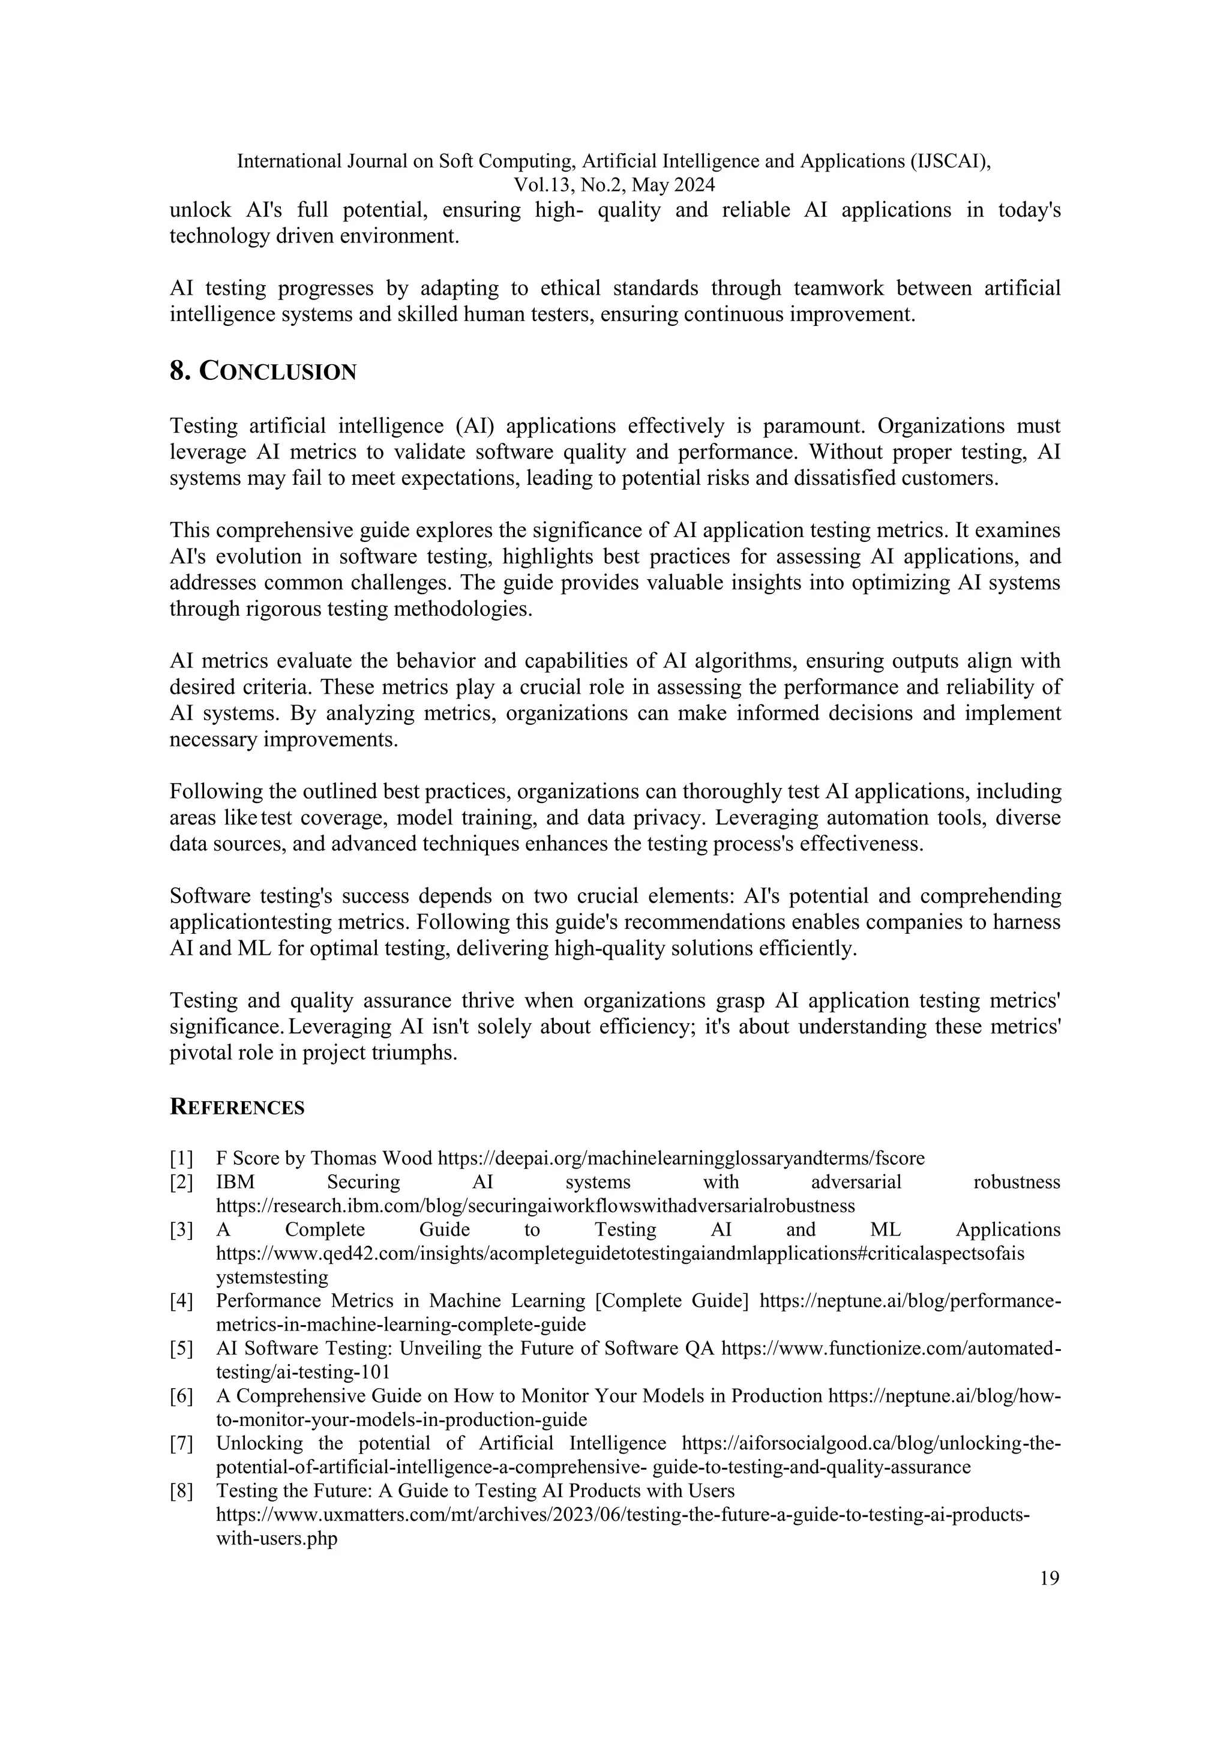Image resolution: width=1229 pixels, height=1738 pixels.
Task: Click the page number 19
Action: point(1049,1578)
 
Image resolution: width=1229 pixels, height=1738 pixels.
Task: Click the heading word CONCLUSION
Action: point(278,373)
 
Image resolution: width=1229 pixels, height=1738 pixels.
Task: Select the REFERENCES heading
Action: point(237,1107)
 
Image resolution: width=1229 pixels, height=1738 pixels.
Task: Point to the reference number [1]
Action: point(182,1158)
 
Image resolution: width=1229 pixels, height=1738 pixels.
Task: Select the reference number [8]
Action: point(182,1491)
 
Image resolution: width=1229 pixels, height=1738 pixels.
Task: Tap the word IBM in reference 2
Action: point(235,1182)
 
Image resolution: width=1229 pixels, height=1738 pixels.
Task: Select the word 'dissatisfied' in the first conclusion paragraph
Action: point(844,478)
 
